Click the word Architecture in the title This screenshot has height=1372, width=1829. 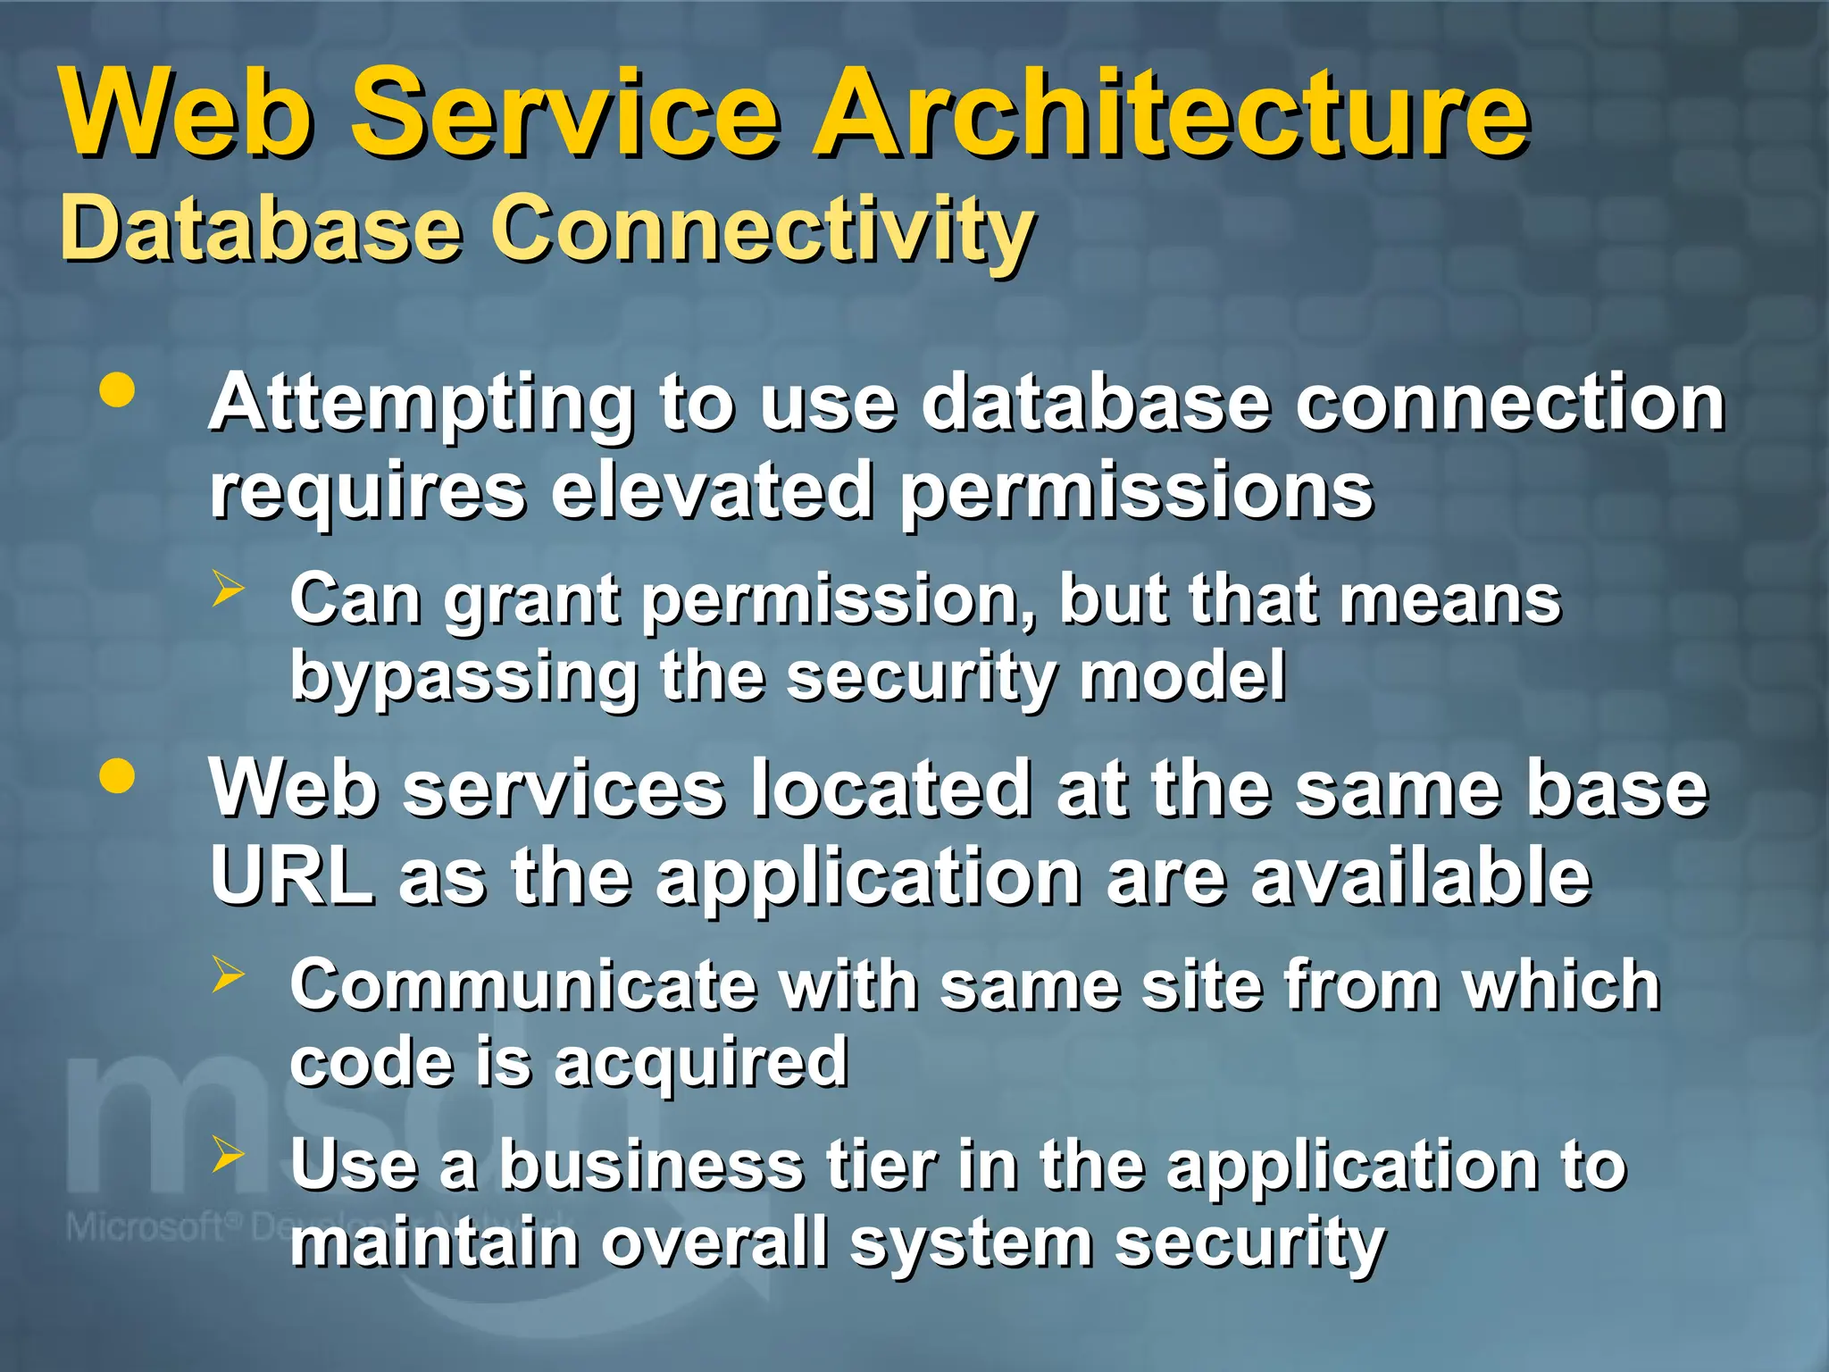pyautogui.click(x=1171, y=114)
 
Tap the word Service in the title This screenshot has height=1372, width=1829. pyautogui.click(x=565, y=114)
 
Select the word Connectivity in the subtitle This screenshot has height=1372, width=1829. pyautogui.click(x=763, y=230)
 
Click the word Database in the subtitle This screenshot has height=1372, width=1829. pyautogui.click(x=261, y=230)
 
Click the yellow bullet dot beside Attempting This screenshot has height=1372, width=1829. pyautogui.click(x=118, y=390)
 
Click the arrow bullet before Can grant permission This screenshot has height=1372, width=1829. pyautogui.click(x=229, y=589)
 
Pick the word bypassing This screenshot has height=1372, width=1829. pyautogui.click(x=464, y=677)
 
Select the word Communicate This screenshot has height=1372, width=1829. pyautogui.click(x=523, y=985)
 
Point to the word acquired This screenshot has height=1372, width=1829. pyautogui.click(x=700, y=1063)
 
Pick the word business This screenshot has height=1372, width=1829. pyautogui.click(x=651, y=1166)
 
